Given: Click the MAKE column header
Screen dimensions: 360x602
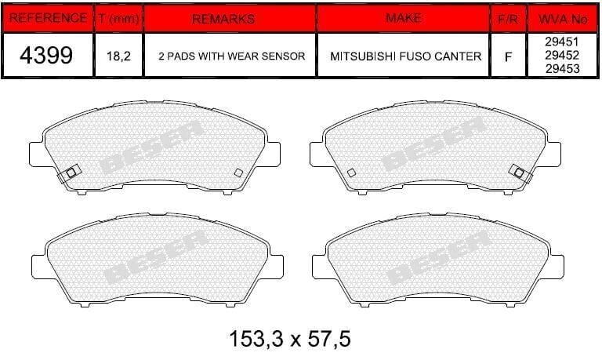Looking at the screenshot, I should click(403, 17).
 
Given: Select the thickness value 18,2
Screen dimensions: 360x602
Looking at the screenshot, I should click(118, 56).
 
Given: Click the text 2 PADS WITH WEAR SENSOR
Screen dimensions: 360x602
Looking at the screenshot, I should click(229, 56).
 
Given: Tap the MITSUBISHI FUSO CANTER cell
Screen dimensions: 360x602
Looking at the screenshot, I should click(403, 56).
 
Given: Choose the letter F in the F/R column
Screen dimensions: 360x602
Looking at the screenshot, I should click(509, 56).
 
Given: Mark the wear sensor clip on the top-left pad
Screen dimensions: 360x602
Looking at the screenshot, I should click(69, 173).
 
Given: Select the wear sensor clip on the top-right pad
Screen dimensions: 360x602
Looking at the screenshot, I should click(517, 170).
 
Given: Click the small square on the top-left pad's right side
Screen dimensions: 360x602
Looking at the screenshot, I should click(238, 173).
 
